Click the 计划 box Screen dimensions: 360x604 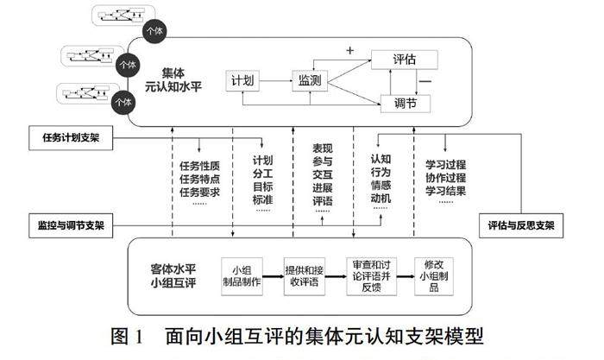(241, 80)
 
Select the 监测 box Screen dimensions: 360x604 (310, 80)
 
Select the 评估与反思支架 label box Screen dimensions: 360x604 (520, 226)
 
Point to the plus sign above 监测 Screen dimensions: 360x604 (350, 51)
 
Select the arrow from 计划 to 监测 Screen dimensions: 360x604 (275, 80)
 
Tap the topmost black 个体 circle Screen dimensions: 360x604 (154, 30)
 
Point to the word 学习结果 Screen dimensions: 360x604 (446, 190)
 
